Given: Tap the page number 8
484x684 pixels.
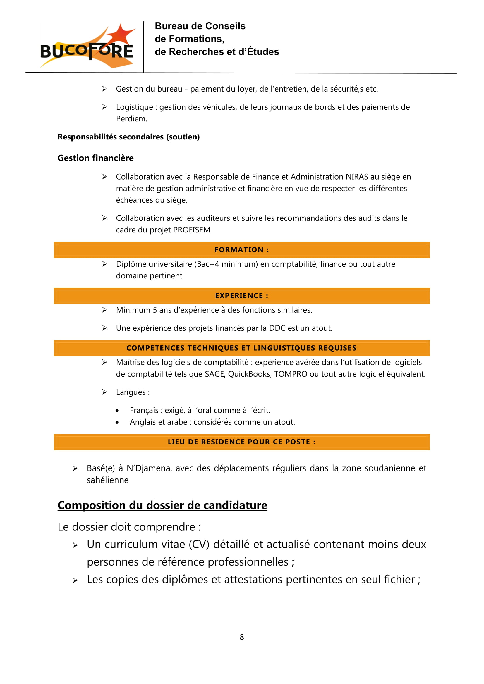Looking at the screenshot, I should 242,637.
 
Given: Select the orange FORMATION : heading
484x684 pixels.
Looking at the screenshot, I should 242,250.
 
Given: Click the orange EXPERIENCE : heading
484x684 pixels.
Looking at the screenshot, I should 242,296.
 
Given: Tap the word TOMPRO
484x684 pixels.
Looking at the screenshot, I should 291,374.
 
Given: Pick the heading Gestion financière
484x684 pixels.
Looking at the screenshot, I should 95,158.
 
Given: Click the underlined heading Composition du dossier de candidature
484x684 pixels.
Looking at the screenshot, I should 162,505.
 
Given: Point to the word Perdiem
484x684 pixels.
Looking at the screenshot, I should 131,118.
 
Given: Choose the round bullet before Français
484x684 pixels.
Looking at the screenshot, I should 117,411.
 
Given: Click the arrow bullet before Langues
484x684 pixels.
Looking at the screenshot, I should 104,392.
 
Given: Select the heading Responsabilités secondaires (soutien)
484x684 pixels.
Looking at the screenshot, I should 128,137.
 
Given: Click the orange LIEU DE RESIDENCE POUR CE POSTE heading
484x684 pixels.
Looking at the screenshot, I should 242,442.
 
